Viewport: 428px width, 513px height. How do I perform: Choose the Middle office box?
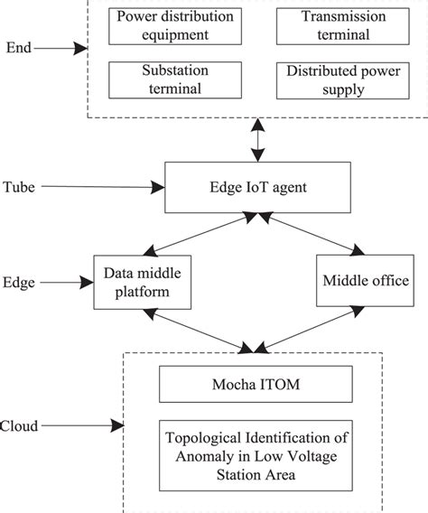click(365, 282)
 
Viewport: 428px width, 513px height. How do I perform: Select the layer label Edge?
click(19, 283)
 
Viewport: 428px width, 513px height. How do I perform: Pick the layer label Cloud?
click(20, 425)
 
